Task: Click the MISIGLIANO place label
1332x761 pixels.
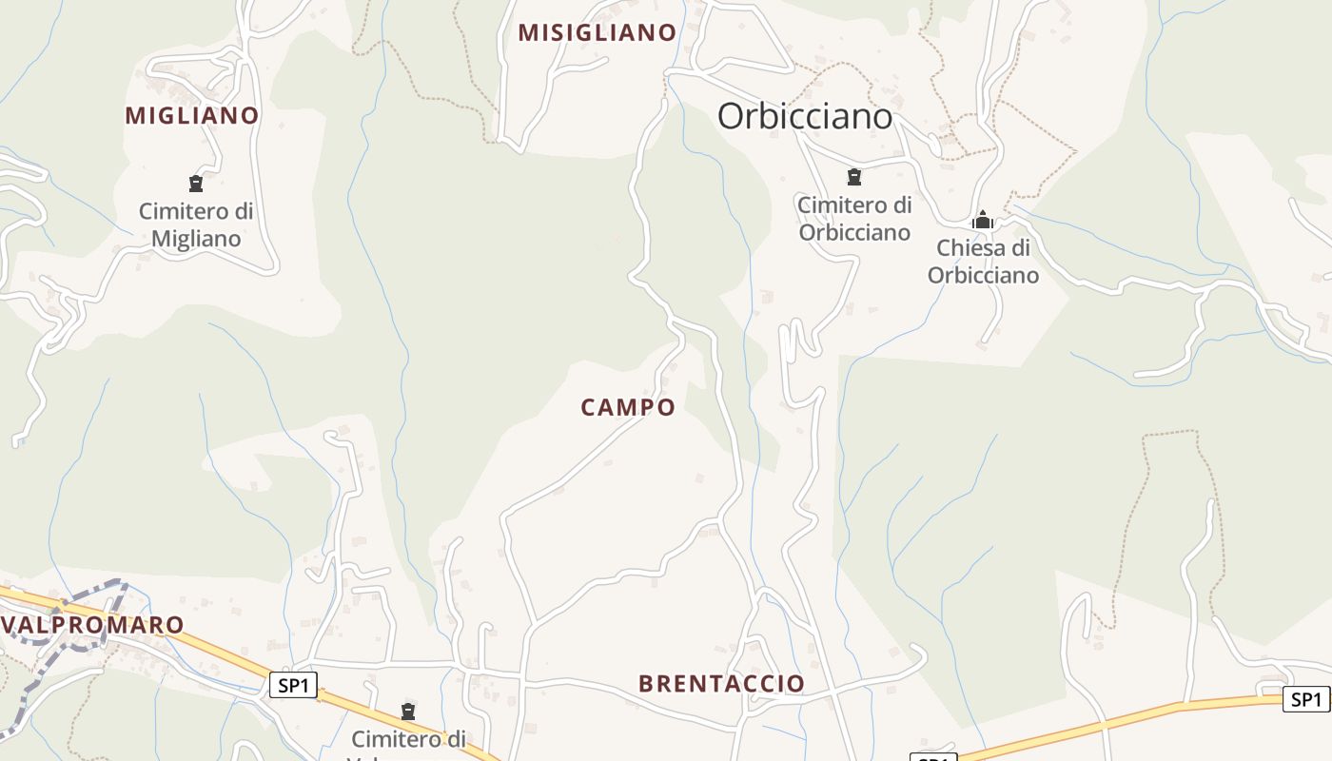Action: pos(597,32)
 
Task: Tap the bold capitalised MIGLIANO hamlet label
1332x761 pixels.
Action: pos(192,116)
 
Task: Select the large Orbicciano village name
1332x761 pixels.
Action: pos(805,116)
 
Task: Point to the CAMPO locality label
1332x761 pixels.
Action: pos(628,407)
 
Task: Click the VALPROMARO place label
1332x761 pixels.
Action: pos(93,625)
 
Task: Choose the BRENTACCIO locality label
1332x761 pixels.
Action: pos(721,683)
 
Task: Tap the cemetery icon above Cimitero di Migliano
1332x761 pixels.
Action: pos(196,183)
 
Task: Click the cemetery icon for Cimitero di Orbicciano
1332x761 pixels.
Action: pos(854,176)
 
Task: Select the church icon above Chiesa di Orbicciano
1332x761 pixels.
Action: pos(983,221)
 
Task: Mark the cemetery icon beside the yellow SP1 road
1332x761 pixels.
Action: pos(408,711)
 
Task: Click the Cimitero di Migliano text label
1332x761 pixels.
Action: pos(196,224)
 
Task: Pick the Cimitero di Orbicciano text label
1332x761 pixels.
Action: pos(854,219)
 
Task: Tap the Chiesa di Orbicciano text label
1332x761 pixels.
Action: pos(983,262)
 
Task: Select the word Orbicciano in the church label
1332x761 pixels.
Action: pos(983,276)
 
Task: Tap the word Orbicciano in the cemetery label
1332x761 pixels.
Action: pos(854,232)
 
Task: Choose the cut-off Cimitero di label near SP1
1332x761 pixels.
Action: pos(408,740)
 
